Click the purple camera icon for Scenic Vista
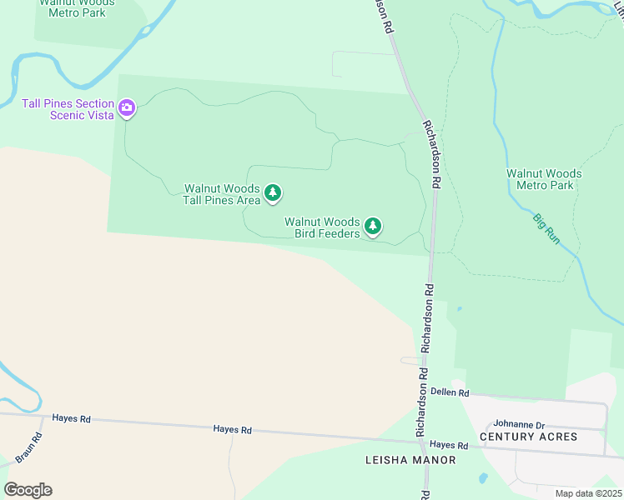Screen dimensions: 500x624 coord(127,107)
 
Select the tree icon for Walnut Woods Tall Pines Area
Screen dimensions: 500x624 coord(273,194)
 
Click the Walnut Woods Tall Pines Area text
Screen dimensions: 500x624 coord(222,194)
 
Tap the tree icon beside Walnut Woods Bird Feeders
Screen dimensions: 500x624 coord(373,226)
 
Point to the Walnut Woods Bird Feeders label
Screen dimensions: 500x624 coord(322,227)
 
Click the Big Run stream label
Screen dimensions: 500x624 coord(546,228)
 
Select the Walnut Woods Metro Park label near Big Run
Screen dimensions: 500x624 coord(544,179)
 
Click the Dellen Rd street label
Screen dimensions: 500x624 coord(450,392)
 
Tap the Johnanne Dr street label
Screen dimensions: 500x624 coord(518,424)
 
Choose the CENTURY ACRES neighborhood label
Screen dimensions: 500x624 coord(528,437)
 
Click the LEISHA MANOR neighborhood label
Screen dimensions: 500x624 coord(410,460)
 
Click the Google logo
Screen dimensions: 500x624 coord(28,489)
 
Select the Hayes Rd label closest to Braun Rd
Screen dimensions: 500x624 coord(71,418)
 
